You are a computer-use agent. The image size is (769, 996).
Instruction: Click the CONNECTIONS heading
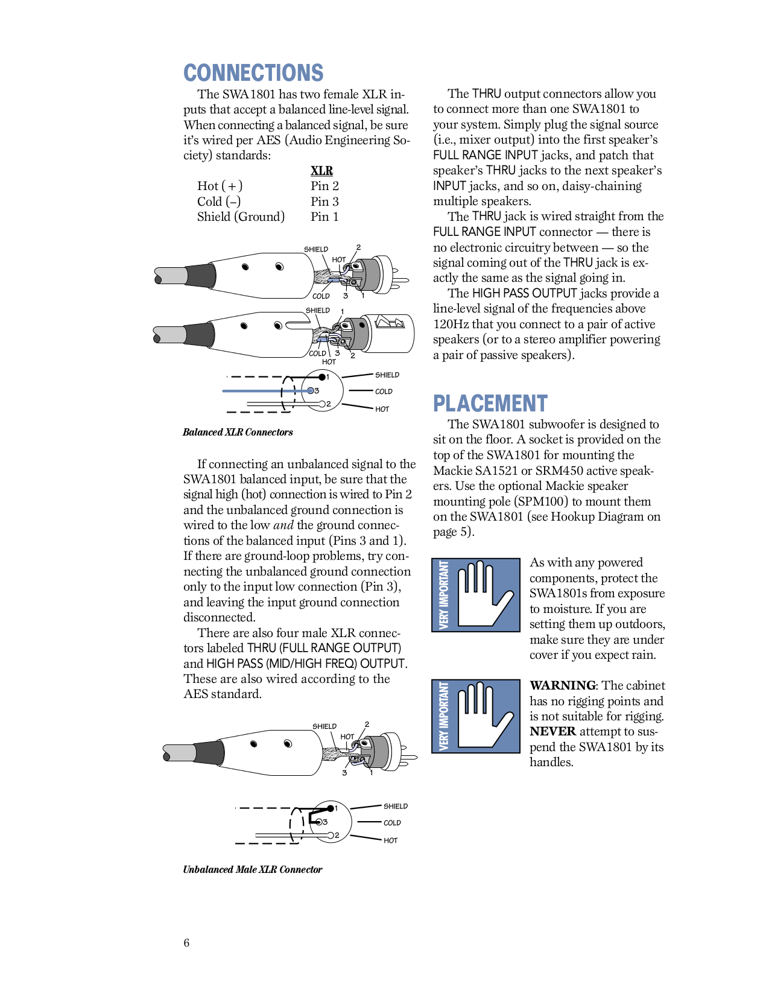coord(253,73)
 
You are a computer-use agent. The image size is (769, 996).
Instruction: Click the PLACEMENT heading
coord(490,404)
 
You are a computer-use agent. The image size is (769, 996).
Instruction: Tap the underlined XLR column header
coord(321,171)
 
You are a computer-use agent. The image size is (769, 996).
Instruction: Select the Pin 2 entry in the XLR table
coord(324,186)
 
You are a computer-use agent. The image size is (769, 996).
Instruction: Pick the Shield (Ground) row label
coord(240,217)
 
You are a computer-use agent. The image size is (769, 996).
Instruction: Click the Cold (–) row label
coord(218,201)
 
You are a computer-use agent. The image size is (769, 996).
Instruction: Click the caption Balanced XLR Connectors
coord(238,433)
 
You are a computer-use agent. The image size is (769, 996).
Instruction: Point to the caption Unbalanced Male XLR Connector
coord(252,869)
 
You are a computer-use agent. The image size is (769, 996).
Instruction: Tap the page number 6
coord(186,943)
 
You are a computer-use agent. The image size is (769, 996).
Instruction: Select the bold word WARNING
coord(562,685)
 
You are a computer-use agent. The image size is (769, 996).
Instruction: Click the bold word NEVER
coord(552,731)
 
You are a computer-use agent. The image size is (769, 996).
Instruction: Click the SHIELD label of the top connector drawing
coord(315,249)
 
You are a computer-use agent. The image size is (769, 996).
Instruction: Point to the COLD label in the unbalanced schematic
coord(392,823)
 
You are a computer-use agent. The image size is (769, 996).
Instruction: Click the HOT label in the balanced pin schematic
coord(382,409)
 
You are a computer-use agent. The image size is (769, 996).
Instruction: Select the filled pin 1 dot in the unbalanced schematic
coord(330,808)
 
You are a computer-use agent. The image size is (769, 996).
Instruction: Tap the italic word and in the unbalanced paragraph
coord(283,525)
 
